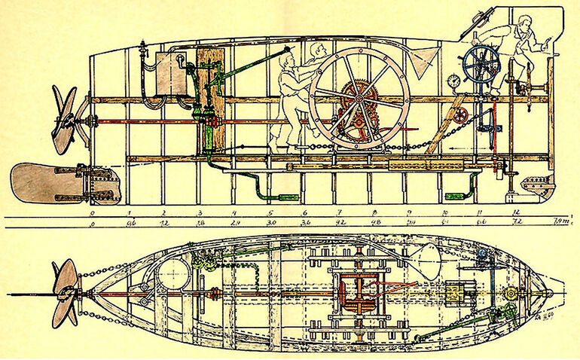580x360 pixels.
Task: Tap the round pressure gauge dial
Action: pos(454,81)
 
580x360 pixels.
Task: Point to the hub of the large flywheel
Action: pos(359,99)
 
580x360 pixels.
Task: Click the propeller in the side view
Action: pos(64,119)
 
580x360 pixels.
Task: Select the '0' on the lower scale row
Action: pos(92,224)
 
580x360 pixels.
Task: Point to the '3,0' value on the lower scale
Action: pos(270,223)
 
